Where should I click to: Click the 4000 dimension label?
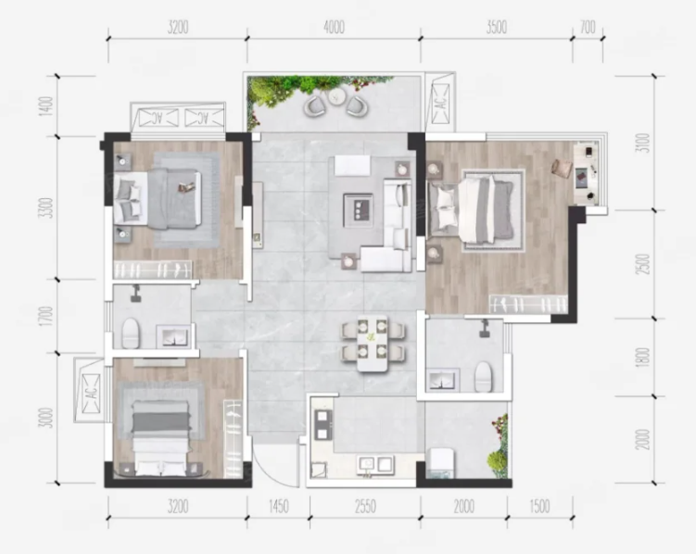[334, 27]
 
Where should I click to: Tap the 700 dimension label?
[588, 27]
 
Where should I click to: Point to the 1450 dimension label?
[279, 506]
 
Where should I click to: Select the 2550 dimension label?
[365, 506]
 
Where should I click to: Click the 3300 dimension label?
[45, 208]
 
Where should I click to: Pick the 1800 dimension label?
[642, 357]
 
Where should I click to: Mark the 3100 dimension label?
[642, 143]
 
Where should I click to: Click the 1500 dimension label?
[539, 506]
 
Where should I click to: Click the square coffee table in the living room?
[358, 208]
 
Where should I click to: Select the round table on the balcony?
[337, 96]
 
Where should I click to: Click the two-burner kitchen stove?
[323, 425]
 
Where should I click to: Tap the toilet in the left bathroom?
[131, 334]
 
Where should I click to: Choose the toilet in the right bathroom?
[484, 376]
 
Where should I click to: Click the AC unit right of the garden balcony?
[440, 104]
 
